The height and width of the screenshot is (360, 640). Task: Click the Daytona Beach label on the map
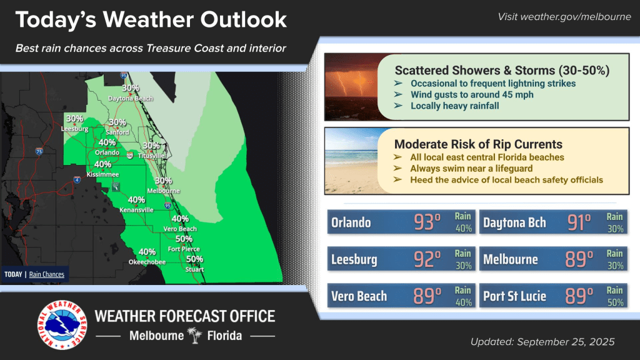(130, 98)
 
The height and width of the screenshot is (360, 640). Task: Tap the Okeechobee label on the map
(147, 262)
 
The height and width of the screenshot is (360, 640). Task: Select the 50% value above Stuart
(195, 259)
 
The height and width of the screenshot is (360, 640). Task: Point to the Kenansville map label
(136, 210)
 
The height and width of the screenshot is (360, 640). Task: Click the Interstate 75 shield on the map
(39, 151)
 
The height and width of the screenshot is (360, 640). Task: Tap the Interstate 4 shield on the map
(77, 179)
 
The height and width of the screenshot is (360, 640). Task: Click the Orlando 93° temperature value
(427, 222)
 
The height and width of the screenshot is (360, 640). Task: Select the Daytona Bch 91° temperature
(579, 222)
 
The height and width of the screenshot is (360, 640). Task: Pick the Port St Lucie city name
(514, 296)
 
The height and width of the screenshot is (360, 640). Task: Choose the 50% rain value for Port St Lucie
(615, 302)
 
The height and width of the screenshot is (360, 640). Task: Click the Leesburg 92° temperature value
(427, 259)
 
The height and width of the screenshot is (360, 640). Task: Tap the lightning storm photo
(352, 87)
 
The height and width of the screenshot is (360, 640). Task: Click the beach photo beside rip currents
(352, 161)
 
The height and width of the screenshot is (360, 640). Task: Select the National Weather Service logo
(62, 325)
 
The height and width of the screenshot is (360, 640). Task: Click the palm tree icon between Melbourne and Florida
(195, 336)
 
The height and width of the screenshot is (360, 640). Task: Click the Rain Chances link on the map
(46, 274)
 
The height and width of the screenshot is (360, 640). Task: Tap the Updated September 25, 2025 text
(542, 342)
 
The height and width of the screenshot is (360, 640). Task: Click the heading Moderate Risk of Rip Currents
(478, 144)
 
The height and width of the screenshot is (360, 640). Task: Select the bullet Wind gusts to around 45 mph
(472, 95)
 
